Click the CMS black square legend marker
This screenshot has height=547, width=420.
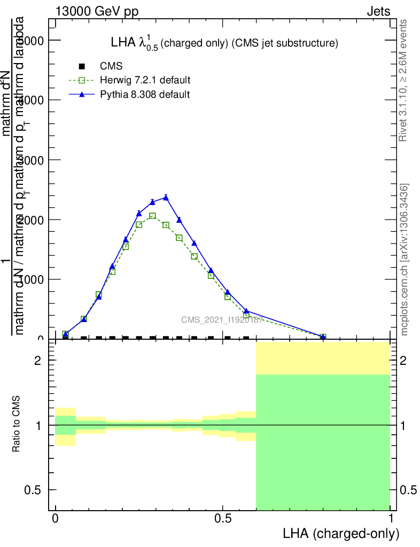tap(82, 67)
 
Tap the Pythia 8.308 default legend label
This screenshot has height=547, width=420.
tap(145, 95)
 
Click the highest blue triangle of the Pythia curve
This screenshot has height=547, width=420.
tap(166, 198)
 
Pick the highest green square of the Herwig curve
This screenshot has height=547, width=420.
tap(152, 216)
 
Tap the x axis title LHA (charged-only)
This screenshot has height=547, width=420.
tap(341, 534)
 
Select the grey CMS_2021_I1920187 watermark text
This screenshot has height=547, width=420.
tap(221, 320)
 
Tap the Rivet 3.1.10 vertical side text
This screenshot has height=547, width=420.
tap(403, 80)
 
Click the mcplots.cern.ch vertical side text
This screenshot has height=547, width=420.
tap(405, 260)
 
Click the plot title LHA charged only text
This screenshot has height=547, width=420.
tap(224, 44)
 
